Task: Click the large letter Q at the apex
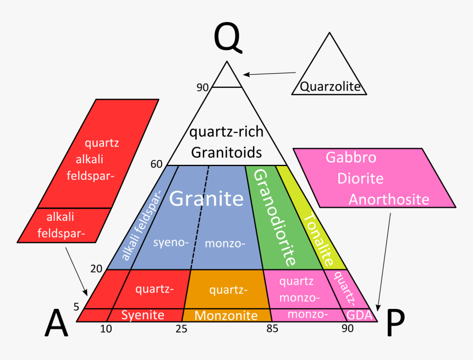[228, 38]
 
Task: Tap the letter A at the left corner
[57, 323]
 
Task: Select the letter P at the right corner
[395, 323]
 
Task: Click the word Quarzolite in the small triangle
[330, 86]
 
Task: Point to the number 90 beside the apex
[202, 87]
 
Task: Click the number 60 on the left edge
[156, 164]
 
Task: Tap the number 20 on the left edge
[96, 268]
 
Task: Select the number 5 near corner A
[76, 307]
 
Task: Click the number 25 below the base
[182, 329]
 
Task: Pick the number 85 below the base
[272, 329]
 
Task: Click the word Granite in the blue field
[206, 198]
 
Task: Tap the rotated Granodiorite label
[274, 217]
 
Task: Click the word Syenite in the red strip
[142, 315]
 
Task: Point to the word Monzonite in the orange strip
[226, 315]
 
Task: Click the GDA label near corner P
[359, 315]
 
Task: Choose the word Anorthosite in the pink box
[389, 200]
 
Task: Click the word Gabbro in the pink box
[351, 157]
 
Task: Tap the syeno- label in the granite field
[171, 242]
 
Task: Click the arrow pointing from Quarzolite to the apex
[269, 74]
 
